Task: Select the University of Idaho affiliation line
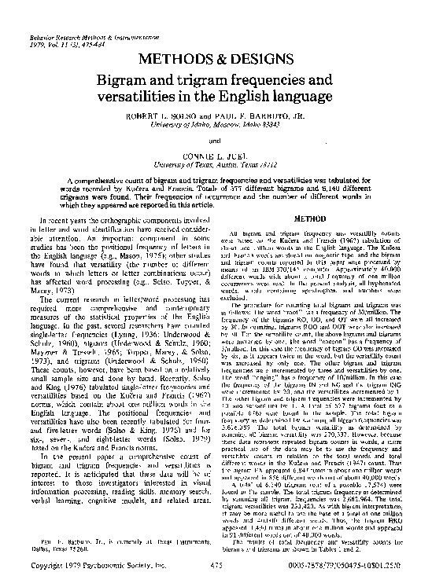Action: [x=216, y=124]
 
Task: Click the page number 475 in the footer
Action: [x=216, y=565]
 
